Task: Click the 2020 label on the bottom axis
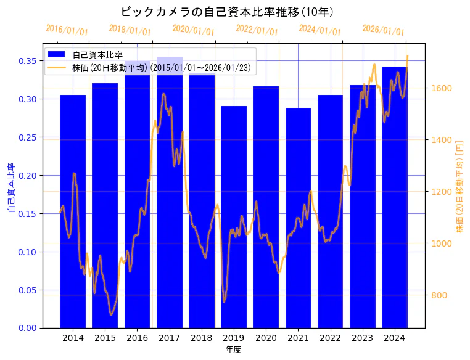coord(266,338)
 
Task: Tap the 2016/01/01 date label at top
coord(67,30)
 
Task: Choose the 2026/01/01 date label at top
coord(383,30)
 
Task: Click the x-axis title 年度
coord(233,350)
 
